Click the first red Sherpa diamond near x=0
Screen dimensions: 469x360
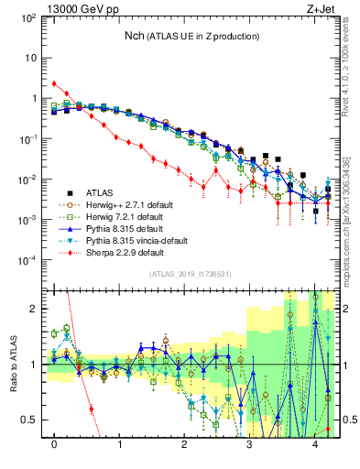(55, 83)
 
